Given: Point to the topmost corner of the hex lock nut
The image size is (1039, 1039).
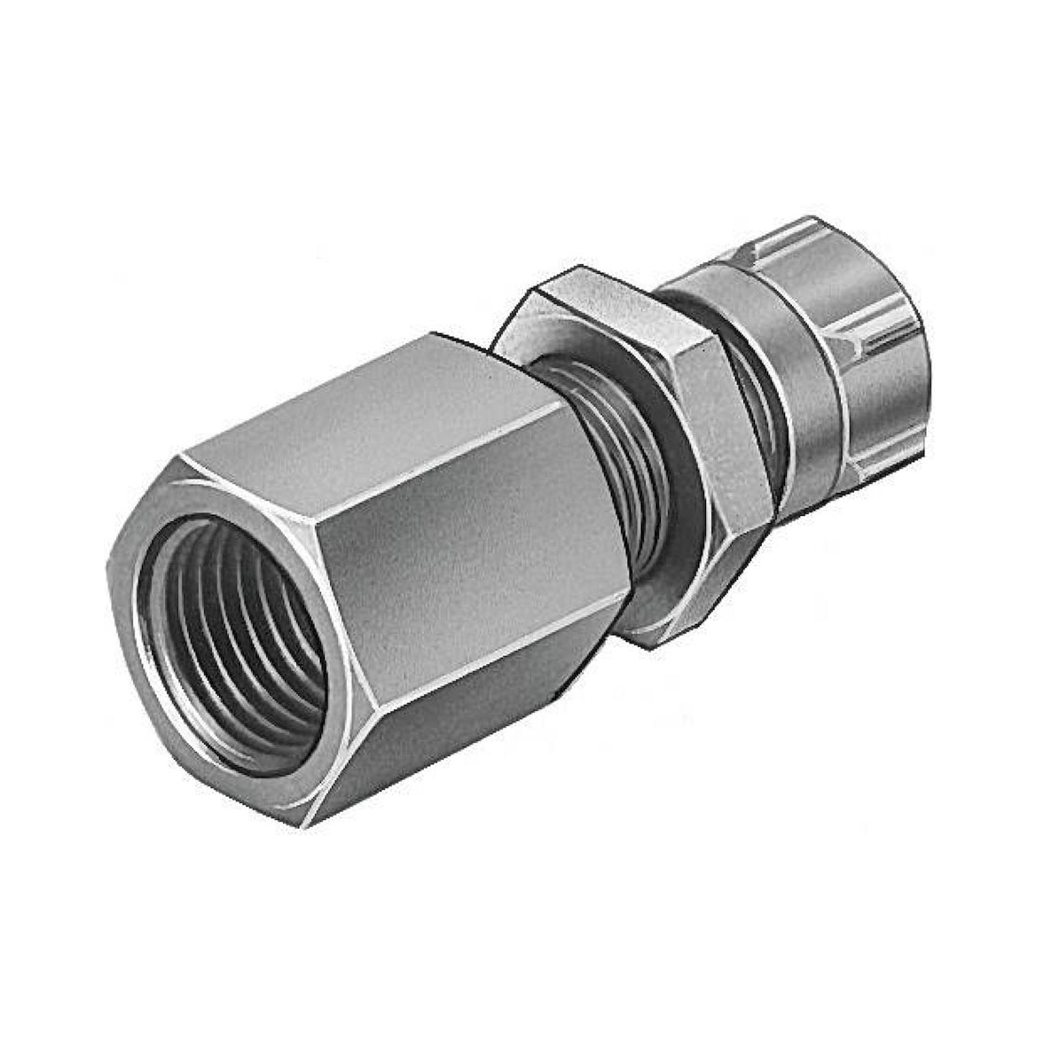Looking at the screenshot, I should pyautogui.click(x=580, y=266).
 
